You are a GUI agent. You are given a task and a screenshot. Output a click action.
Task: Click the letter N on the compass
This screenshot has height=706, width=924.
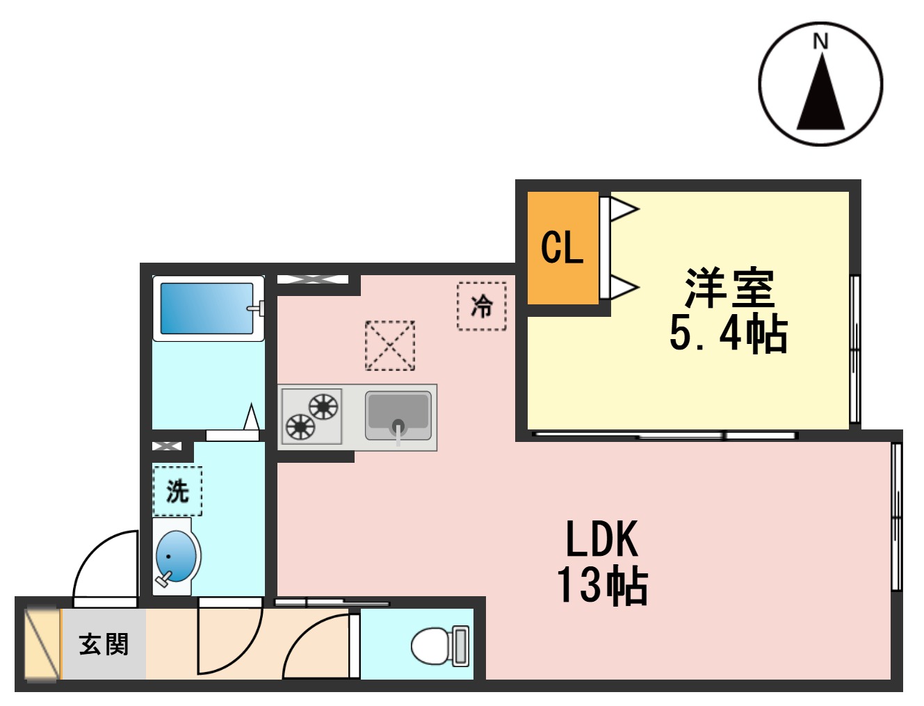pyautogui.click(x=820, y=42)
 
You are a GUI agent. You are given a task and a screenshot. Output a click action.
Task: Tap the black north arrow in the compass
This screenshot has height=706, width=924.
pyautogui.click(x=820, y=97)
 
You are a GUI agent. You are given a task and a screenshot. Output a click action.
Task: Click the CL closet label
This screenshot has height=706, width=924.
pyautogui.click(x=562, y=247)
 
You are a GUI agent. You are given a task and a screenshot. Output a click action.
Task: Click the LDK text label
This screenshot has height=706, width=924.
pyautogui.click(x=601, y=539)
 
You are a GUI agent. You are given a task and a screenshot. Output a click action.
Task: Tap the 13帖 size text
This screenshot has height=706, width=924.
pyautogui.click(x=602, y=585)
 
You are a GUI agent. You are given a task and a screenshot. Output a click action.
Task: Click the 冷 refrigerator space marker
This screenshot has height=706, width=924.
pyautogui.click(x=482, y=306)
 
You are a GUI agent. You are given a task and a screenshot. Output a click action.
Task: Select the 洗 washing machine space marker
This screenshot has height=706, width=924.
pyautogui.click(x=177, y=491)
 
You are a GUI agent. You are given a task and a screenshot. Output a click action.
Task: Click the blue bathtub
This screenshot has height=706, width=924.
pyautogui.click(x=207, y=309)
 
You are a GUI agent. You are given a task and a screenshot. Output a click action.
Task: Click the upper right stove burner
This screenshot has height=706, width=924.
pyautogui.click(x=323, y=407)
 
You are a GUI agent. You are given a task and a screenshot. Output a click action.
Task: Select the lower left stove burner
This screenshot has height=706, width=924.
pyautogui.click(x=300, y=427)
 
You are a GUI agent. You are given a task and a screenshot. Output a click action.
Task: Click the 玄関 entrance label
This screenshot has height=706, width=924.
pyautogui.click(x=104, y=644)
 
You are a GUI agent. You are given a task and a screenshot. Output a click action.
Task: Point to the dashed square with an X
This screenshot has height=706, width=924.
pyautogui.click(x=390, y=345)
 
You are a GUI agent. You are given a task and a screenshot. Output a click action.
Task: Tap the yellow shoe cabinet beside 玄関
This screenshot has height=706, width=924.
pyautogui.click(x=42, y=644)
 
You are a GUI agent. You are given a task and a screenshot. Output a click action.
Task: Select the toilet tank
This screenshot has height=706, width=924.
pyautogui.click(x=461, y=646)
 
